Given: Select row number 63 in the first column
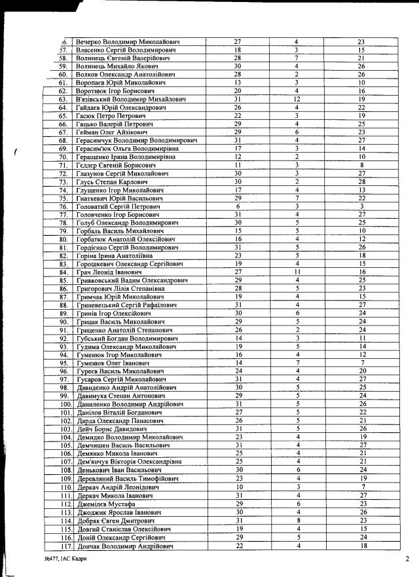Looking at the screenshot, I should pos(64,99).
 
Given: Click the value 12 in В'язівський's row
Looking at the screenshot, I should pos(297,99).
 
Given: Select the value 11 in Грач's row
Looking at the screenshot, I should pos(297,272).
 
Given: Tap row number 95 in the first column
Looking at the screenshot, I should pos(64,363).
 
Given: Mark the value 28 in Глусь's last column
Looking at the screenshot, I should pos(361,181).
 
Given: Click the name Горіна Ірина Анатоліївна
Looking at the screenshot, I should pos(118,255).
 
